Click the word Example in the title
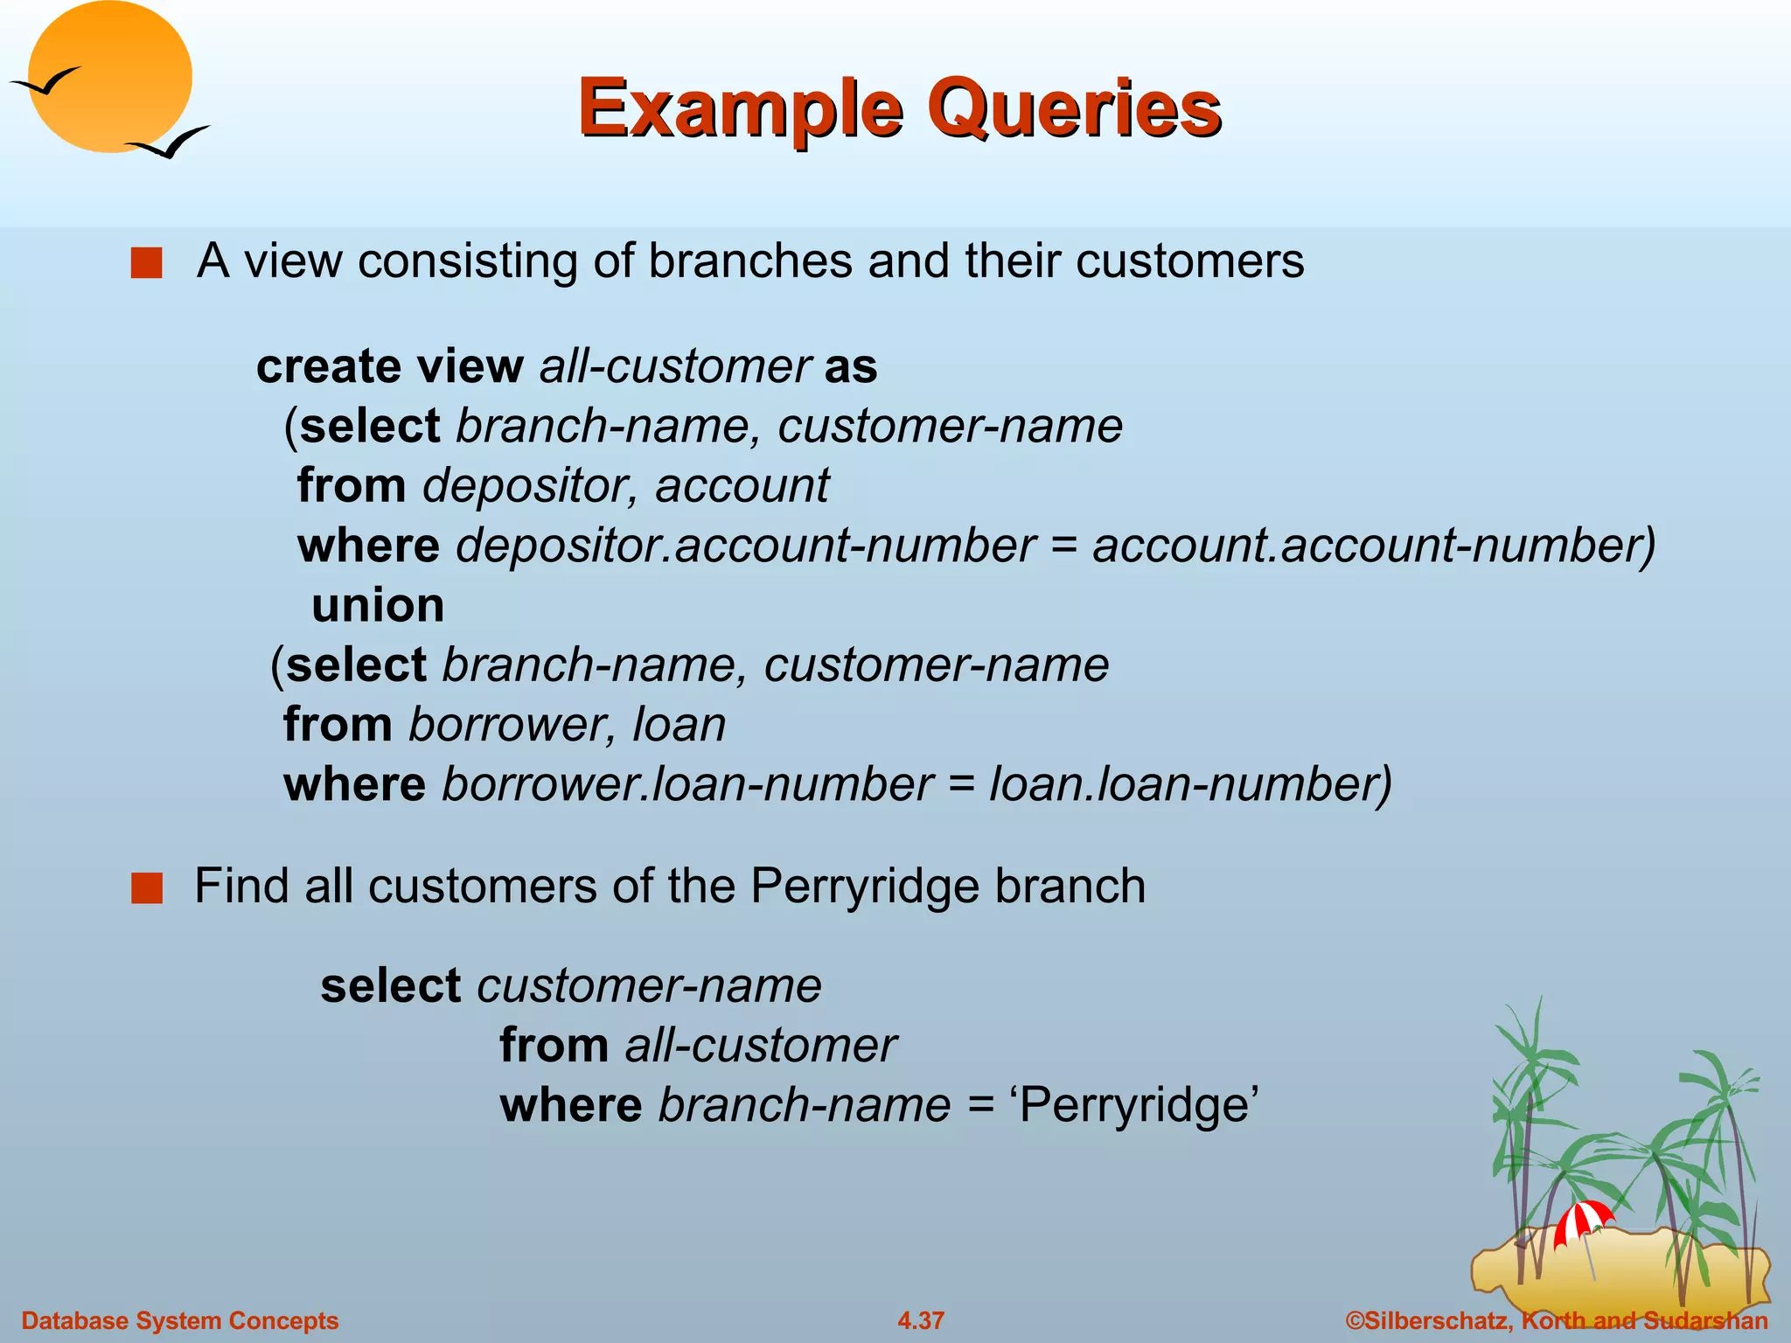coord(740,109)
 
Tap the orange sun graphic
coord(109,79)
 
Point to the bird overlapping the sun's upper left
coord(45,82)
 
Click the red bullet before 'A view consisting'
coord(146,262)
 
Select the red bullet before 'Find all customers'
coord(146,887)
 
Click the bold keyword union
coord(378,605)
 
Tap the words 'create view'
coord(389,365)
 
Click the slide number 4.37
coord(921,1320)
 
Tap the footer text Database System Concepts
coord(180,1320)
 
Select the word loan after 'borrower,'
coord(679,724)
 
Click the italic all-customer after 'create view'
coord(674,365)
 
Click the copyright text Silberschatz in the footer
coord(1430,1320)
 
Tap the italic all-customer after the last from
coord(760,1045)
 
